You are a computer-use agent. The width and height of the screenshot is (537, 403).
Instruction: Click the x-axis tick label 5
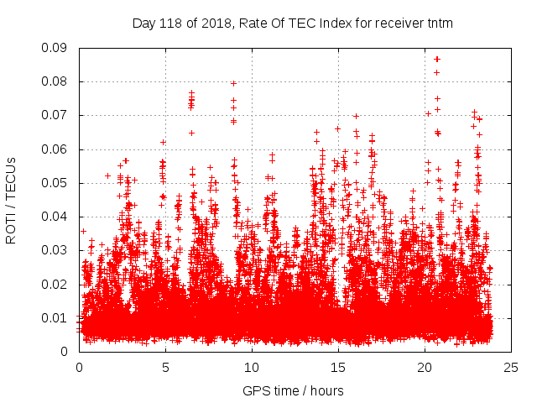pyautogui.click(x=165, y=367)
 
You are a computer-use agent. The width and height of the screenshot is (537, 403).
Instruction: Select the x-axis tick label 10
pyautogui.click(x=251, y=367)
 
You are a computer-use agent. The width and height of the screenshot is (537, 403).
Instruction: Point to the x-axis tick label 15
pyautogui.click(x=337, y=367)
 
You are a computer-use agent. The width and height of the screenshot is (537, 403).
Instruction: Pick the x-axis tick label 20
pyautogui.click(x=424, y=367)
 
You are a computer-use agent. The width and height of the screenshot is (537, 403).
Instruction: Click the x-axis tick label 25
pyautogui.click(x=510, y=367)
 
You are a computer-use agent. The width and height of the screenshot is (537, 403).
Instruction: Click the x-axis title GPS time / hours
pyautogui.click(x=294, y=390)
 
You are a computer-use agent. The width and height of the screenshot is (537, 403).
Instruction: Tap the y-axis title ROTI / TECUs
pyautogui.click(x=12, y=199)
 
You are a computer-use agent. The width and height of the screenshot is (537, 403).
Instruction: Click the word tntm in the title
pyautogui.click(x=439, y=23)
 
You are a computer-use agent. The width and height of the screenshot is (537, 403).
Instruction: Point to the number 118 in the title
pyautogui.click(x=173, y=23)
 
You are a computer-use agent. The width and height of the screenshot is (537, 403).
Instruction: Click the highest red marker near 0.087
pyautogui.click(x=437, y=59)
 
